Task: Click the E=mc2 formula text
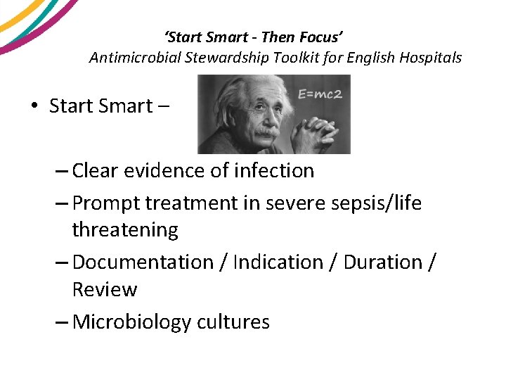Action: click(319, 94)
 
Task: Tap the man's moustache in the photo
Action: click(266, 132)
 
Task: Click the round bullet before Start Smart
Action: click(34, 106)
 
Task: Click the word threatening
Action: click(125, 230)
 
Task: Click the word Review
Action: click(105, 289)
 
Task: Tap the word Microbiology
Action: click(131, 322)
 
